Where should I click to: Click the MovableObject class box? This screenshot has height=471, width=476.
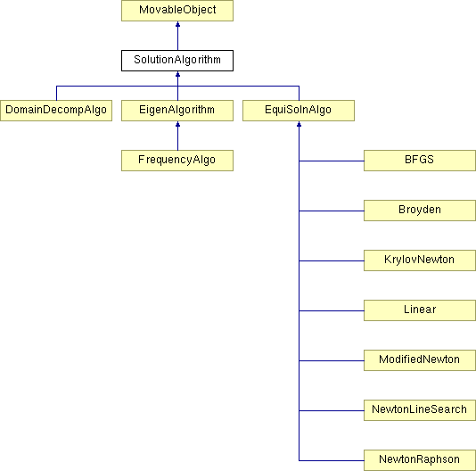pyautogui.click(x=177, y=11)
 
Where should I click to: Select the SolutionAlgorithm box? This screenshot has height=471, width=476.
pyautogui.click(x=177, y=61)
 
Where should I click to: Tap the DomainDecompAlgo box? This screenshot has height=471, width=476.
pyautogui.click(x=56, y=111)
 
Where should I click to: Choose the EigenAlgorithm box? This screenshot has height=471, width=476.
pyautogui.click(x=177, y=111)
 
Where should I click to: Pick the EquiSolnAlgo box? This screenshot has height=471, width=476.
pyautogui.click(x=299, y=111)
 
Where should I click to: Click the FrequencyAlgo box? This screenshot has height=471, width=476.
pyautogui.click(x=177, y=161)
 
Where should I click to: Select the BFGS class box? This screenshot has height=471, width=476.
pyautogui.click(x=420, y=161)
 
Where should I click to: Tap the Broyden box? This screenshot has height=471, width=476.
pyautogui.click(x=420, y=211)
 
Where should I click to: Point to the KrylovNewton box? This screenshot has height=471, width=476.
pyautogui.click(x=420, y=260)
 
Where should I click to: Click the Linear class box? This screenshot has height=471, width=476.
pyautogui.click(x=420, y=310)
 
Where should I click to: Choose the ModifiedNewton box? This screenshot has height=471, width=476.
pyautogui.click(x=420, y=360)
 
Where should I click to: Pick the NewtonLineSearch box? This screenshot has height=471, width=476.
pyautogui.click(x=420, y=410)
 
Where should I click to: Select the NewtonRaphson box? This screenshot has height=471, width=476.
pyautogui.click(x=420, y=460)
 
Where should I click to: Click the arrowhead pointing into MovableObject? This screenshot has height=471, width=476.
pyautogui.click(x=178, y=24)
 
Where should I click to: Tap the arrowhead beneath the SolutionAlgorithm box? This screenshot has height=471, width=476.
pyautogui.click(x=178, y=74)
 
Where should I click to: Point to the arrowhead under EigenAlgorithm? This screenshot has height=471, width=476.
pyautogui.click(x=178, y=124)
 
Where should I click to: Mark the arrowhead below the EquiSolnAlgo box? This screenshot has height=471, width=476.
pyautogui.click(x=299, y=124)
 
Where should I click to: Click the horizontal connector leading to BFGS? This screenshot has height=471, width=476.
pyautogui.click(x=332, y=161)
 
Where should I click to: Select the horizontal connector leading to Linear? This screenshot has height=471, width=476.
pyautogui.click(x=332, y=310)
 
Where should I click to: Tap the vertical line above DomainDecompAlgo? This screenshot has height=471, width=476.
pyautogui.click(x=56, y=94)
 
